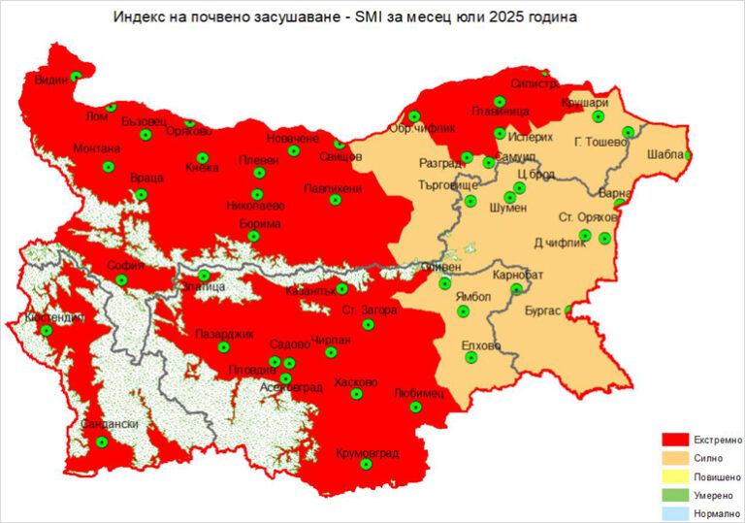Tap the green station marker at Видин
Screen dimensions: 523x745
click(x=76, y=76)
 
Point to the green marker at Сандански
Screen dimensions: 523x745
click(x=102, y=442)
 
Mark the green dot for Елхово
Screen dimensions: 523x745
click(x=471, y=358)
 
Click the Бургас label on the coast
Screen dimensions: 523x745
click(x=543, y=311)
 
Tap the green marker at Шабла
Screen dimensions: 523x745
click(x=689, y=154)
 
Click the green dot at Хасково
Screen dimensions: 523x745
click(x=356, y=395)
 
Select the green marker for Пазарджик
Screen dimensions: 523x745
click(x=224, y=347)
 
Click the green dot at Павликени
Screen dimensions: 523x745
click(x=335, y=201)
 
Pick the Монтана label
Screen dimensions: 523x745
click(x=97, y=148)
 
